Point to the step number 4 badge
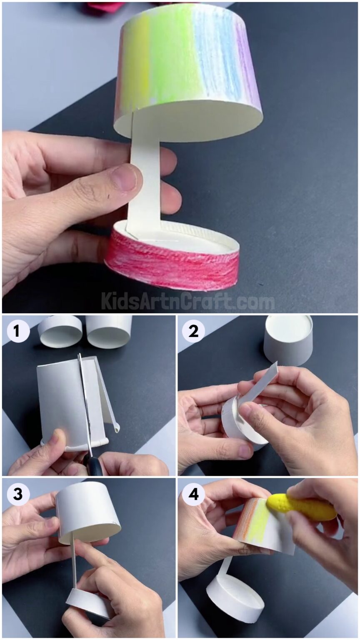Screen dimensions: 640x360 pos(193,495)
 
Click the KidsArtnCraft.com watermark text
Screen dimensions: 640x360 pos(187,301)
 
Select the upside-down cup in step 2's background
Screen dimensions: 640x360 pos(288,340)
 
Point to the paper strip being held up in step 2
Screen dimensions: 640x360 pos(262,381)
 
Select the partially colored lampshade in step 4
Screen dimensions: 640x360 pos(262,525)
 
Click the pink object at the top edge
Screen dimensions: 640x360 pos(104,6)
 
